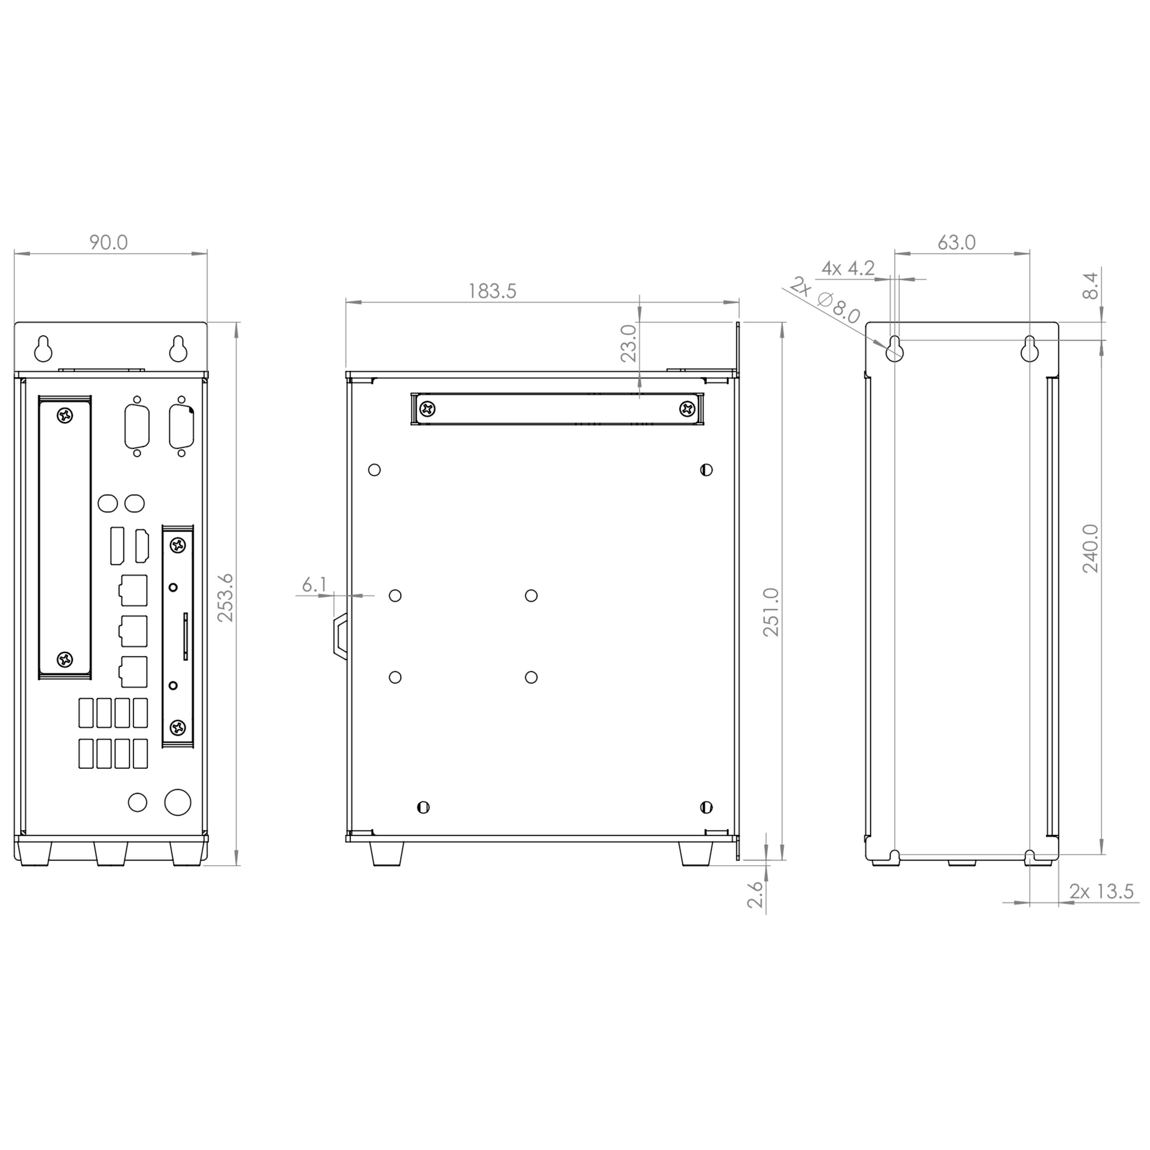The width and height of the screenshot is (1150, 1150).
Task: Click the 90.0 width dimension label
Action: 108,242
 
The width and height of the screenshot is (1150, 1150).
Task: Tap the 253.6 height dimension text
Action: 225,598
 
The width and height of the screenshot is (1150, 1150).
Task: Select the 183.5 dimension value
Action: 492,291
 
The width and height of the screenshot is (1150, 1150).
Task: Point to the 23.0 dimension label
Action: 629,343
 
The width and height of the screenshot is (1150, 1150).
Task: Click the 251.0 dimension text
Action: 771,612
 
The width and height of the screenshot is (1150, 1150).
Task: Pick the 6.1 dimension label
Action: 314,585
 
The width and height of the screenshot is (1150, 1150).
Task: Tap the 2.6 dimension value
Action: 755,894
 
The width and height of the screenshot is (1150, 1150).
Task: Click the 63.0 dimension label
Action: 957,243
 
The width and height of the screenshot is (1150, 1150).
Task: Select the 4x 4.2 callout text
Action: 847,268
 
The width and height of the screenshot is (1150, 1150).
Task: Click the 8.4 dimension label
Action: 1090,285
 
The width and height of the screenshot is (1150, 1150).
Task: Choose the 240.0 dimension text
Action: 1090,548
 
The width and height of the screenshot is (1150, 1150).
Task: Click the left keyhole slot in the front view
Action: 44,349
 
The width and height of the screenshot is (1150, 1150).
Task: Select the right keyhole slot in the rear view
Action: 1029,349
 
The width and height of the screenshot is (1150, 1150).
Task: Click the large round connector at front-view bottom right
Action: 177,803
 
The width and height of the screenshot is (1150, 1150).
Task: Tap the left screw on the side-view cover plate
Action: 427,409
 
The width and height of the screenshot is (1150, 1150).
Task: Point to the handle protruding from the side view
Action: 340,636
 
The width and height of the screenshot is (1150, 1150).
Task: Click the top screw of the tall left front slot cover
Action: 65,415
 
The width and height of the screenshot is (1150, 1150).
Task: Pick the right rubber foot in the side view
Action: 695,853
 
